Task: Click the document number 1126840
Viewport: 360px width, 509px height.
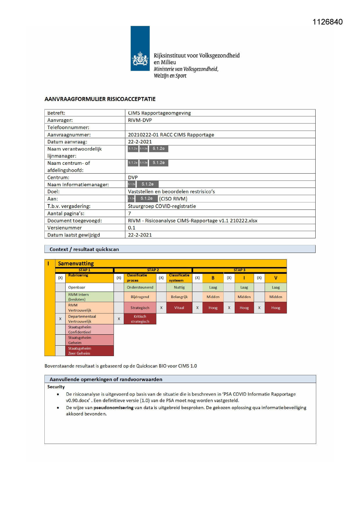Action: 328,22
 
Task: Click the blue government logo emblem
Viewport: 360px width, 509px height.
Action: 140,48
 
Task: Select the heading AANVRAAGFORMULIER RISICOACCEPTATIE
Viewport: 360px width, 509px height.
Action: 100,99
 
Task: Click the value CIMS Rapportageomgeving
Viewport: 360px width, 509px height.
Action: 159,113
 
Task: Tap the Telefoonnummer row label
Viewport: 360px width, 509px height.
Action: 68,127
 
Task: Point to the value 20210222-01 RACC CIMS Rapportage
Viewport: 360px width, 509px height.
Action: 171,135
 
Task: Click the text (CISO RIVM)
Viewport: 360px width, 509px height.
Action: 173,199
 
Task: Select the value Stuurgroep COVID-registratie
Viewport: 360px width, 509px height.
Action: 162,206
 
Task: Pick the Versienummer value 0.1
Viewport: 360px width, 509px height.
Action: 132,228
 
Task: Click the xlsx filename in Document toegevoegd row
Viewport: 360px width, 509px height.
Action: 193,221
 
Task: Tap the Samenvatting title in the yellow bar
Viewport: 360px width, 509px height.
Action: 76,263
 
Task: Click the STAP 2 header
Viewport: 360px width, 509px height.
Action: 153,270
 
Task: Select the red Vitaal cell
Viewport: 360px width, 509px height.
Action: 179,308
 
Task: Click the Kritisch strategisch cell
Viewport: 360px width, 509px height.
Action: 140,319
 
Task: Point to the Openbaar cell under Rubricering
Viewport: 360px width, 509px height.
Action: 77,288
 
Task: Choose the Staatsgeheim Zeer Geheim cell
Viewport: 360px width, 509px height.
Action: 79,351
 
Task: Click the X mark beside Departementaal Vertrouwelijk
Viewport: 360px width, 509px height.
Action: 60,319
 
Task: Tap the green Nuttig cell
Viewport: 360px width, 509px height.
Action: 179,288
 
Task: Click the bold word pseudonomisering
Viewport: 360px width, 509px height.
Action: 113,408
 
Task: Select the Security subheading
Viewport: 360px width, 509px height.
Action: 56,387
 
